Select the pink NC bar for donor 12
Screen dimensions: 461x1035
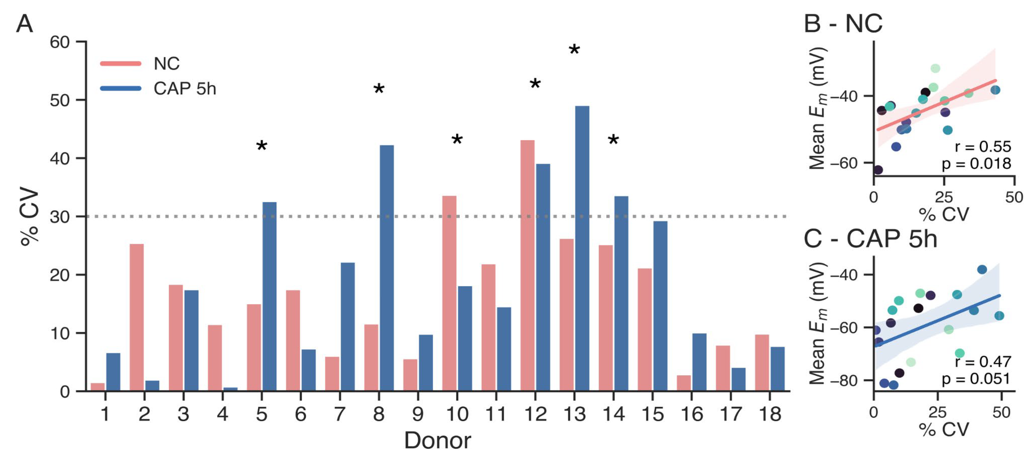(x=527, y=265)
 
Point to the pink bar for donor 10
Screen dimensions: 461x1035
(x=449, y=293)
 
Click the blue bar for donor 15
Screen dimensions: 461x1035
(x=660, y=305)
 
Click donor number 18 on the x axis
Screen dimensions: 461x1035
(x=770, y=414)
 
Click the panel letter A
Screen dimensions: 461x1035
(x=24, y=24)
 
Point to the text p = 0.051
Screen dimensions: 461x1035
(x=976, y=379)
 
